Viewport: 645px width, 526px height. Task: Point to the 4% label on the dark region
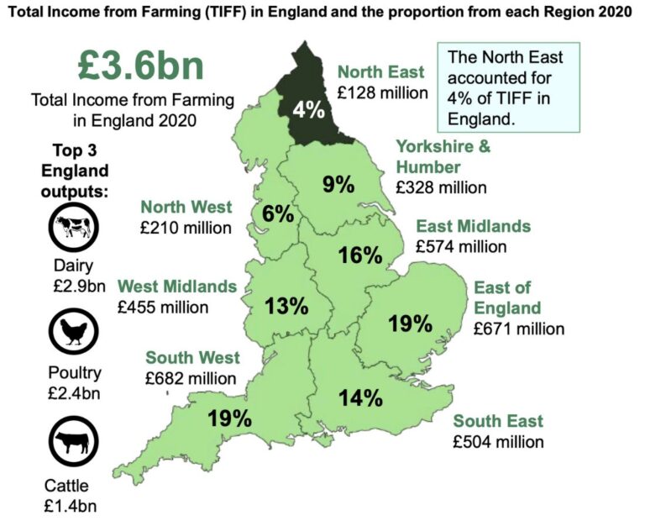pos(307,109)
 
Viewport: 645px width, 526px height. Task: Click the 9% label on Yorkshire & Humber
pos(338,184)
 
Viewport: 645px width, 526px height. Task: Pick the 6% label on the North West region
pos(277,214)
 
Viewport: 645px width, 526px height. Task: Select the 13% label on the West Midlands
pos(286,306)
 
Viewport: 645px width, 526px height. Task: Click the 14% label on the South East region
pos(361,397)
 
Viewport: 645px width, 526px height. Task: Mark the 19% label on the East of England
pos(410,323)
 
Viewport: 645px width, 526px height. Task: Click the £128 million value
pos(382,93)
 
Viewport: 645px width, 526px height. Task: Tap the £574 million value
pos(461,246)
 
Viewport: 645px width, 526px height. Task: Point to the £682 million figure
pos(191,378)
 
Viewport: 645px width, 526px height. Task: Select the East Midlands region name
pos(474,226)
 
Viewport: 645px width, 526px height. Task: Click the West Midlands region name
pos(177,287)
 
